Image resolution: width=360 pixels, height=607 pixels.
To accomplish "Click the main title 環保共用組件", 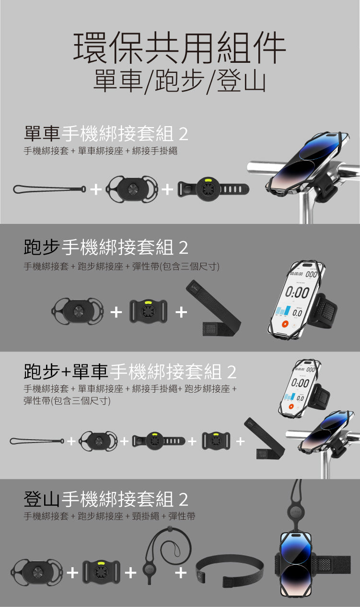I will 180,47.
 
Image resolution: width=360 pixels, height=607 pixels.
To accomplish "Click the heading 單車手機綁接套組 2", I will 106,133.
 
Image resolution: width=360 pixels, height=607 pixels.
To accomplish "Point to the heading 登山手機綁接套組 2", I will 106,500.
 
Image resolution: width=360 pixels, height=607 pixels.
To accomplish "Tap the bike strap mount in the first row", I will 213,189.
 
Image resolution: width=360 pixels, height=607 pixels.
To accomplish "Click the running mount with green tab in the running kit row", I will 148,312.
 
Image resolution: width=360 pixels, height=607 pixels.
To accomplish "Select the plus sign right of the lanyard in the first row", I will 96,190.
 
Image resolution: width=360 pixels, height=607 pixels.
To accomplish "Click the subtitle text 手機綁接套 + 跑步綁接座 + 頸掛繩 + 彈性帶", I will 109,516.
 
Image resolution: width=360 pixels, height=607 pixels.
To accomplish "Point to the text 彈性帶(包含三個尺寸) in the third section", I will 67,400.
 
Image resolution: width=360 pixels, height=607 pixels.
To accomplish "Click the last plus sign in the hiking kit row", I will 181,572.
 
